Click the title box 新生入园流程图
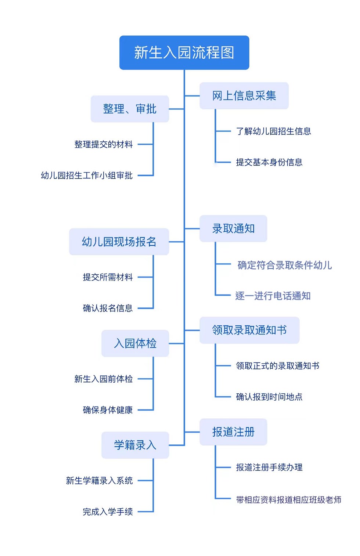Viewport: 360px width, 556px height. (x=184, y=53)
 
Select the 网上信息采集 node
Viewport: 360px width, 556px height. (x=244, y=95)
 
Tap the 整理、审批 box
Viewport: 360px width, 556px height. (x=130, y=109)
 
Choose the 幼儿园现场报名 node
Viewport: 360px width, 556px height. (x=119, y=242)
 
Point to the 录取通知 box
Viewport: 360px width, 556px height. (x=233, y=228)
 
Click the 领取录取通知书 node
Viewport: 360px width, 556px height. (x=249, y=330)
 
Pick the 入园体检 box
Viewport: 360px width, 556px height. (x=135, y=343)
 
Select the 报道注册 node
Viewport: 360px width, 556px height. (x=233, y=432)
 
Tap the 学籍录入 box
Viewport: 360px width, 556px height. (x=135, y=445)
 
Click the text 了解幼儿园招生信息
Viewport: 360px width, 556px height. (x=273, y=131)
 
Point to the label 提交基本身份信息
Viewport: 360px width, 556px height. (x=269, y=162)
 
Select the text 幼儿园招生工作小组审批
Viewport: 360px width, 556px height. (x=87, y=176)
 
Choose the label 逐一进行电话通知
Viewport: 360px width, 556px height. (x=273, y=296)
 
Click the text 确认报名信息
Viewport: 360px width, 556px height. (x=108, y=308)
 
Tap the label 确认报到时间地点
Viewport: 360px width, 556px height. (x=269, y=397)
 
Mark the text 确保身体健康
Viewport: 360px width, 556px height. (x=108, y=410)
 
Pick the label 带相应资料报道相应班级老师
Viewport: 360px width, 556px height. (x=288, y=500)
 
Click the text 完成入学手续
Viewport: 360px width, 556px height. (x=108, y=512)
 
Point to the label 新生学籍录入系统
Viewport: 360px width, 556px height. (x=99, y=481)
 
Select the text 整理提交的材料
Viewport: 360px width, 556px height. (x=104, y=144)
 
